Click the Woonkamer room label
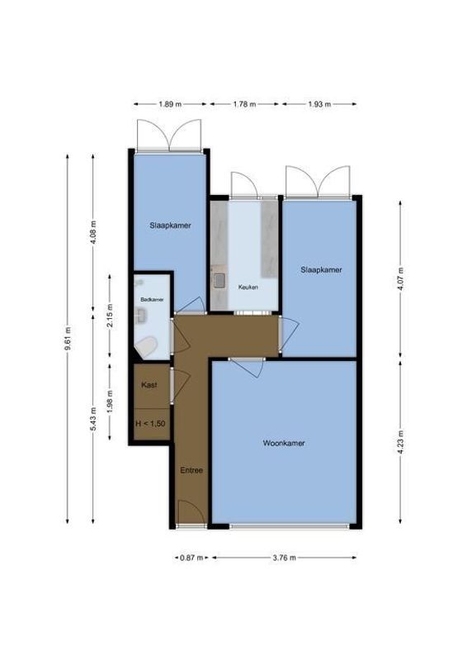[x=284, y=443]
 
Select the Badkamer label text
[x=152, y=299]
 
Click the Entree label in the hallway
[x=191, y=470]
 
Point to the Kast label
[x=149, y=385]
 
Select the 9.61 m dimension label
[x=67, y=340]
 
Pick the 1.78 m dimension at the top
[x=244, y=104]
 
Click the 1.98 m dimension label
[x=110, y=406]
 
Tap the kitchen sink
[x=219, y=279]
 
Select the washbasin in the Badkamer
[x=141, y=315]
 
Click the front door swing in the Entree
[x=189, y=511]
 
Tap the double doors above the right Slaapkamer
[x=318, y=180]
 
